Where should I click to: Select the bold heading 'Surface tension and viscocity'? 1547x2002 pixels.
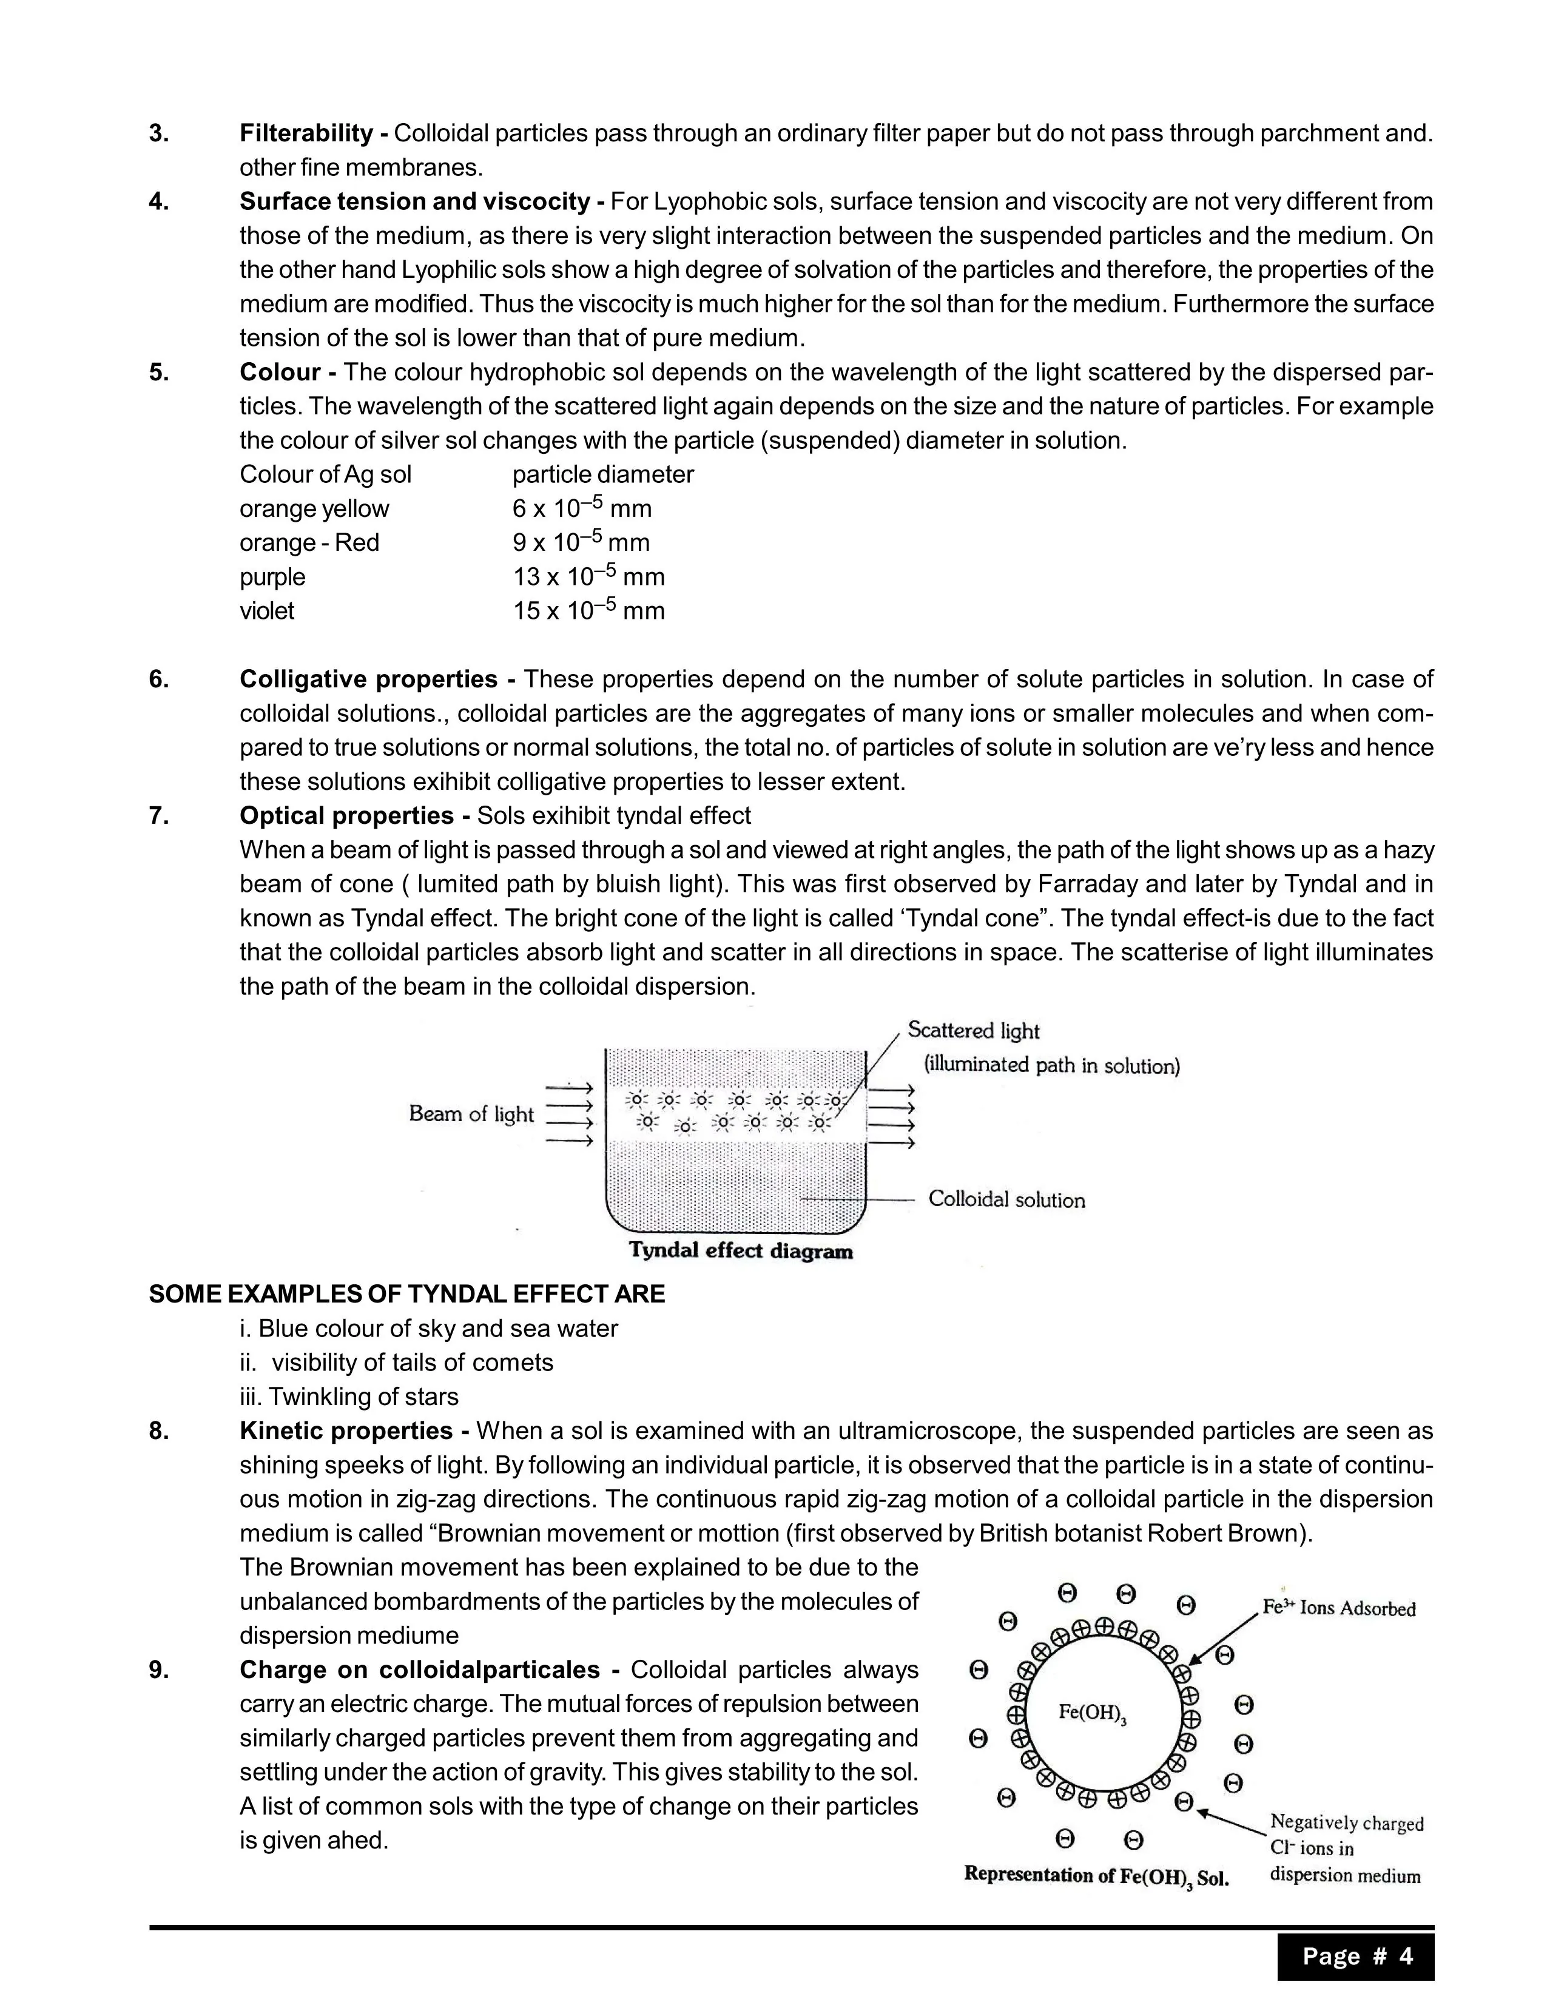click(x=414, y=201)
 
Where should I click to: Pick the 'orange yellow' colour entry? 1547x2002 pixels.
click(x=314, y=509)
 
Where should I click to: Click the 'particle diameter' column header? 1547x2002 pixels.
click(x=603, y=475)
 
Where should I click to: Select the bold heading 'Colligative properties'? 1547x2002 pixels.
click(x=368, y=679)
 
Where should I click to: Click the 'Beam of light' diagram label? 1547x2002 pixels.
click(x=471, y=1114)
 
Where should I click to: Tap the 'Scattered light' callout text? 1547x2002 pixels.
click(x=973, y=1031)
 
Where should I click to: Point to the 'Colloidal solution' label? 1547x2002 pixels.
click(x=1006, y=1200)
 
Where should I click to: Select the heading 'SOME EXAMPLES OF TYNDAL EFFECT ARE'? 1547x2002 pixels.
click(x=407, y=1295)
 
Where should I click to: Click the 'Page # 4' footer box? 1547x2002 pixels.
click(x=1357, y=1957)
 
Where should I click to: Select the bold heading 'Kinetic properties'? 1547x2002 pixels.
click(x=346, y=1431)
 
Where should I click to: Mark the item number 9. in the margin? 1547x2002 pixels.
click(x=158, y=1670)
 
